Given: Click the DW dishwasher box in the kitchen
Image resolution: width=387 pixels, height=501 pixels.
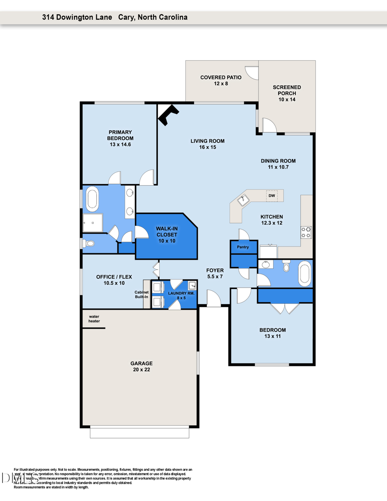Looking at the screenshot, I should pyautogui.click(x=272, y=196).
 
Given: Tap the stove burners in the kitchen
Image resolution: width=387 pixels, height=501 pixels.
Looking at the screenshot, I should pyautogui.click(x=306, y=232).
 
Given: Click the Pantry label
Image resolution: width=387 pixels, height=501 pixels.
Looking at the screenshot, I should pyautogui.click(x=243, y=247).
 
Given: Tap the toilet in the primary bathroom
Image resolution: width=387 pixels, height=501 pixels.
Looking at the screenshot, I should pyautogui.click(x=89, y=243).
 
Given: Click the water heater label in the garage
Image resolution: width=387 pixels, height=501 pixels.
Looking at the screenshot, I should pyautogui.click(x=94, y=319).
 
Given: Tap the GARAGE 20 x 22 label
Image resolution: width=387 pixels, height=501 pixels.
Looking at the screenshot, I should pyautogui.click(x=141, y=366).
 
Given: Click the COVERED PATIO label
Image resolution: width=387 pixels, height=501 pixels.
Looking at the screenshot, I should pyautogui.click(x=221, y=80).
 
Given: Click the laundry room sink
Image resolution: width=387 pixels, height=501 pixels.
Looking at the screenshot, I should pyautogui.click(x=192, y=285).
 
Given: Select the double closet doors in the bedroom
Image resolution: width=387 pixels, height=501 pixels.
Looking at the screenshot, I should pyautogui.click(x=285, y=308).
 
